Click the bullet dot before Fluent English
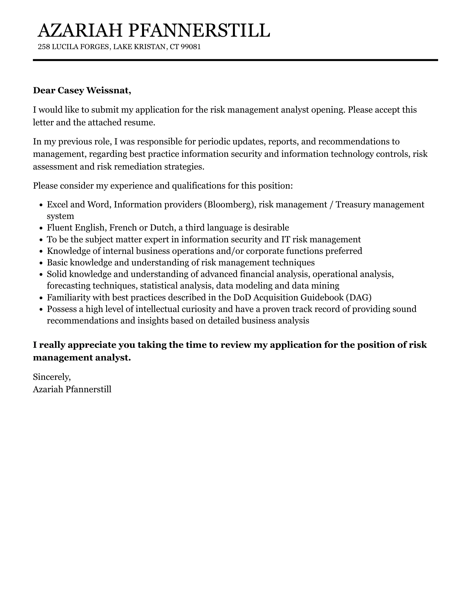coord(41,228)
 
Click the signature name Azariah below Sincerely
coord(48,389)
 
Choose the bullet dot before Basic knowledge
coord(41,263)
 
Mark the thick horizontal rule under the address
coord(235,60)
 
